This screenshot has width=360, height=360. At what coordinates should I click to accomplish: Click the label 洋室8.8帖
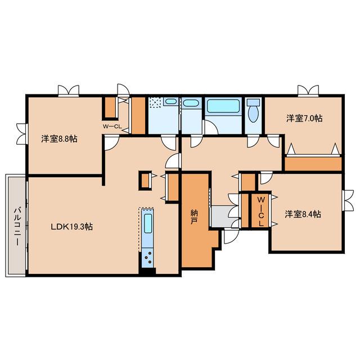(x=59, y=139)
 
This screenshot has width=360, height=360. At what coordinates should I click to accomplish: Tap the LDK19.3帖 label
(x=71, y=227)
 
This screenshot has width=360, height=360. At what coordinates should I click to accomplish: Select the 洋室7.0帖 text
(x=304, y=118)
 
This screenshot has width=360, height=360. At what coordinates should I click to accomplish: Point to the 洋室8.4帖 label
(x=303, y=214)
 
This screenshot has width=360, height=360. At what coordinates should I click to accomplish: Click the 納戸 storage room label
(x=194, y=217)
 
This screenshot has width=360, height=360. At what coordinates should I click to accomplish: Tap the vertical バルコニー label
(x=17, y=226)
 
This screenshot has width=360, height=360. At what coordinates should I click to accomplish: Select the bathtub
(x=223, y=106)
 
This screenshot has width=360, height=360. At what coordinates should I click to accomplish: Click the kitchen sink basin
(x=148, y=224)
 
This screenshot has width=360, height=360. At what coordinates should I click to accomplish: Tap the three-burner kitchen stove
(x=147, y=258)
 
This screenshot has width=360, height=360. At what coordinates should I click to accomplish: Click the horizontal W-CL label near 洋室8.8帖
(x=112, y=127)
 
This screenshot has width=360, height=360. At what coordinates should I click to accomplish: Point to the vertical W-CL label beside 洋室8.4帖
(x=261, y=211)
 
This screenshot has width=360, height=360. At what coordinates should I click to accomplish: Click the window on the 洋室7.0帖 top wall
(x=308, y=91)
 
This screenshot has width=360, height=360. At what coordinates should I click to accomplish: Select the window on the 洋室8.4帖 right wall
(x=348, y=200)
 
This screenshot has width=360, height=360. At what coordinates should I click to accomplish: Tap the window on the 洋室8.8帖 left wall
(x=22, y=134)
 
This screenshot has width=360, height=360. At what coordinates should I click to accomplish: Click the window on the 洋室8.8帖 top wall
(x=69, y=91)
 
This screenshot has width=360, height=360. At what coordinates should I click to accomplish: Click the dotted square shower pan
(x=156, y=102)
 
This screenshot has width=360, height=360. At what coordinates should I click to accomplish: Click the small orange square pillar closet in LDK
(x=145, y=181)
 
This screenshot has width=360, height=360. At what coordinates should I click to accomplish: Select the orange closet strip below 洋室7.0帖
(x=313, y=164)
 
